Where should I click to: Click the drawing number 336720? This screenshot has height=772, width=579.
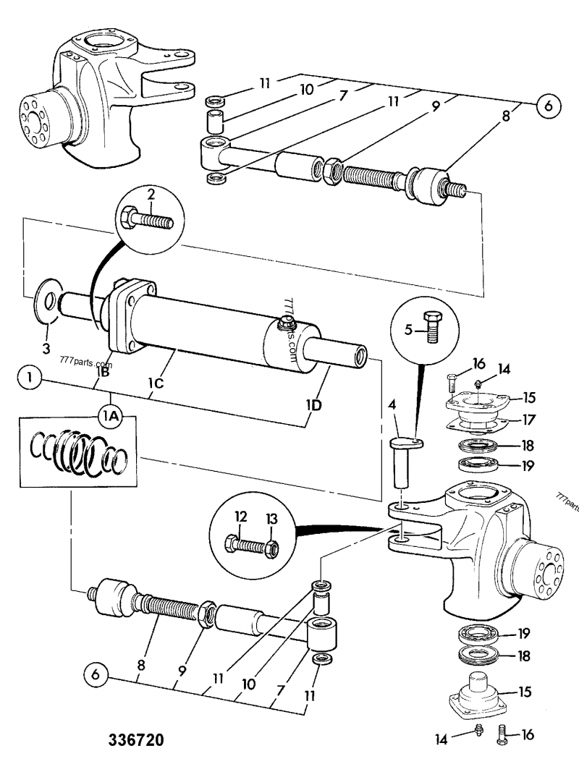[136, 740]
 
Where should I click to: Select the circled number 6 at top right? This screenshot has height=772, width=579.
[549, 106]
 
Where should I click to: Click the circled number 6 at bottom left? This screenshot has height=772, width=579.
[91, 676]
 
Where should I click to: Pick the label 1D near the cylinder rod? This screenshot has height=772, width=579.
[313, 405]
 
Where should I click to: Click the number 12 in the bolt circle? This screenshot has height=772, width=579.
[241, 517]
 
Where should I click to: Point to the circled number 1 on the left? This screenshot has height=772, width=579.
[30, 377]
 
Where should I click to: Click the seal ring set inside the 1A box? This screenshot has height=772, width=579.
[80, 452]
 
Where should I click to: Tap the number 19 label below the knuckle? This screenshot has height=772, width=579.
[524, 635]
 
